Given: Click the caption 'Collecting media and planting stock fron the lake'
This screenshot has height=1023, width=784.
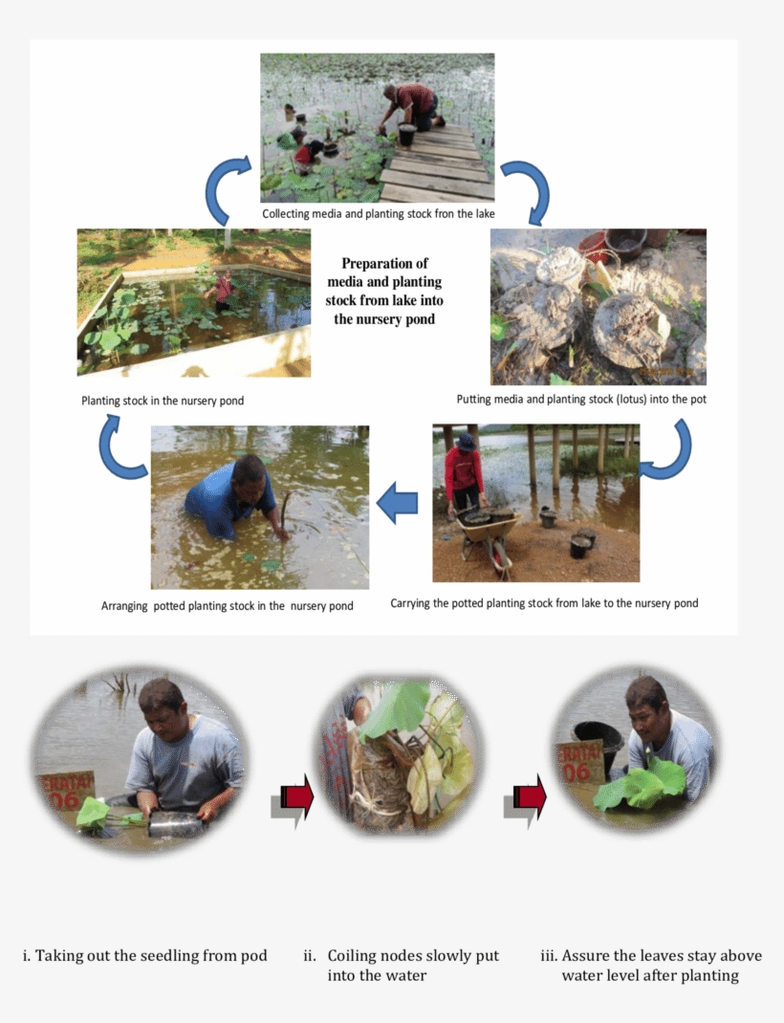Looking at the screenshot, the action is (x=379, y=213).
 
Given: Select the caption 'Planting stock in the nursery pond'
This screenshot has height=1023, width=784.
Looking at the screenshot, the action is (x=163, y=401).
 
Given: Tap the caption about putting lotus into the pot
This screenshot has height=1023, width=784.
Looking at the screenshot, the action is (x=581, y=400).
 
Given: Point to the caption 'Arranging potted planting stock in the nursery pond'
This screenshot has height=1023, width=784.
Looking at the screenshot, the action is (x=227, y=606).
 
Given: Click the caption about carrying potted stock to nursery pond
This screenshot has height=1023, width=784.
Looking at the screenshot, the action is (x=544, y=603).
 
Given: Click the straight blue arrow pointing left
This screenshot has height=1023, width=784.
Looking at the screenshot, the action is (x=397, y=503).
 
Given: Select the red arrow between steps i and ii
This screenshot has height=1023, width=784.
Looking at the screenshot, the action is (x=292, y=800).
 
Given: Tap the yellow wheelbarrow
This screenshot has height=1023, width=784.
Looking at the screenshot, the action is (x=490, y=533).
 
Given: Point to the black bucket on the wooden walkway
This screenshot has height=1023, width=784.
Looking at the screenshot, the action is (x=407, y=134).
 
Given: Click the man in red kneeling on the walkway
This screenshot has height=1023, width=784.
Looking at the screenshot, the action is (x=412, y=107).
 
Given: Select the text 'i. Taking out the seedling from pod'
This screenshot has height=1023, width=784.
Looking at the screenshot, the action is (x=144, y=956).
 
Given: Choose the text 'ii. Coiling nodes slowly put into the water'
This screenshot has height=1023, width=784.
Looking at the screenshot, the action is (x=402, y=966).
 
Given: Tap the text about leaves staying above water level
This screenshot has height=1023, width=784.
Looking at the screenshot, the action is (x=651, y=966).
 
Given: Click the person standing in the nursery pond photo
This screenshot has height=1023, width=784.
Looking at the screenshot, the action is (x=224, y=291).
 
